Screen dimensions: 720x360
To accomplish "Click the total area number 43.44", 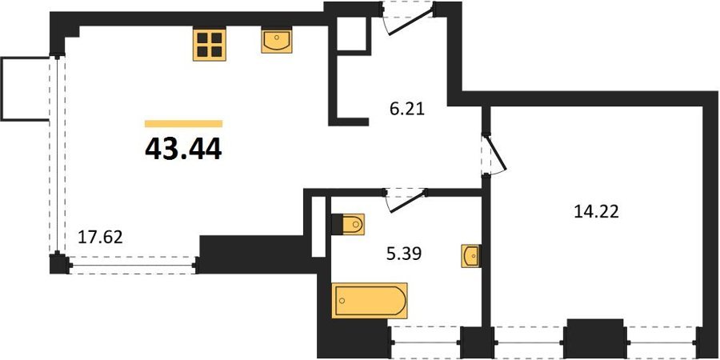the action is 183,148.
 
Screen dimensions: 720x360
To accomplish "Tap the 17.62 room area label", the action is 100,238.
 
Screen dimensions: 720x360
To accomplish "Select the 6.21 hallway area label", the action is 404,110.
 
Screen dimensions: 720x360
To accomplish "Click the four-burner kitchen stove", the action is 210,44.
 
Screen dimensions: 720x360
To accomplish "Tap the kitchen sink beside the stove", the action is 277,41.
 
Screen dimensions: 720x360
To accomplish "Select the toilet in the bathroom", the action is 348,224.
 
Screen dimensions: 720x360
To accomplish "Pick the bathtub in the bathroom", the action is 370,300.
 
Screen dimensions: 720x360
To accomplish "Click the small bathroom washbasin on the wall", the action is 471,256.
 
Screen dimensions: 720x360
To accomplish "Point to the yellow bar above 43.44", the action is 184,123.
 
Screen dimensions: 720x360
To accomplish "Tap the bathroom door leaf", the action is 407,201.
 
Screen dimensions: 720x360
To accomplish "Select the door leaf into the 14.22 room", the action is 496,152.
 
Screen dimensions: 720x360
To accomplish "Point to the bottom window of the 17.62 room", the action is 133,265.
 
